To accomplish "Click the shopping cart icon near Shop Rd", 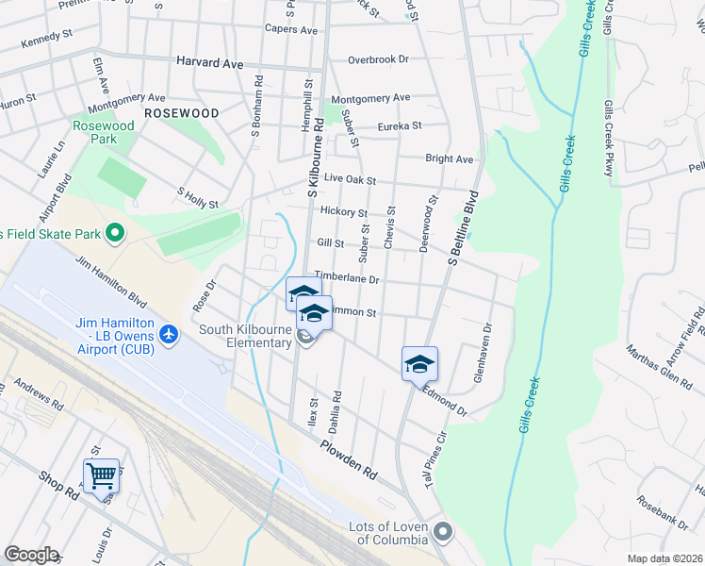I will [x=101, y=474].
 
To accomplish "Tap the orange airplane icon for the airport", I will [x=169, y=334].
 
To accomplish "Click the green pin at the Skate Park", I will [x=115, y=231].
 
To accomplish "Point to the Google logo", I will [x=31, y=555].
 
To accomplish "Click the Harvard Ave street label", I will [x=209, y=62].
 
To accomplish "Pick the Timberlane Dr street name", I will [x=346, y=279].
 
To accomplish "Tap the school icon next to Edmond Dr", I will [x=419, y=364].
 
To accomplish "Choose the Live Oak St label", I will [x=350, y=179].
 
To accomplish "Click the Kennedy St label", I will [x=46, y=38].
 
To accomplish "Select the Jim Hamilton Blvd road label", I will [x=111, y=284].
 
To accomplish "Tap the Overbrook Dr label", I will [x=378, y=58].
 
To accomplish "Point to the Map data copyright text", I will [x=664, y=558].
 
